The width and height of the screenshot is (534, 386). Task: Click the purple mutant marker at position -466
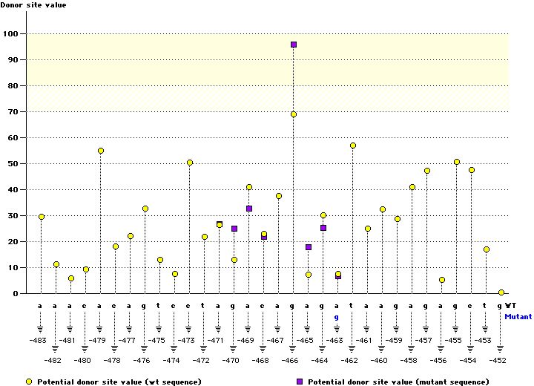[x=294, y=45]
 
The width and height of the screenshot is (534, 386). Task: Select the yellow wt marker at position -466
[x=294, y=114]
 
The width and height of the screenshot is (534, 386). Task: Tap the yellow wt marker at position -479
[x=101, y=151]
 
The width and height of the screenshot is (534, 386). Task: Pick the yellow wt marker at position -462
[x=353, y=145]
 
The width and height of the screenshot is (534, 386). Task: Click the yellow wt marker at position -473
[x=190, y=163]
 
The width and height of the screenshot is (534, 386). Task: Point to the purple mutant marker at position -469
[x=249, y=209]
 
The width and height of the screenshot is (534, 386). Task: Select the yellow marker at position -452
[x=501, y=292]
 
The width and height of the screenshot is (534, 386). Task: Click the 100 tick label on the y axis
[x=10, y=34]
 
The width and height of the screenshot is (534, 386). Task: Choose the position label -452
[x=498, y=360]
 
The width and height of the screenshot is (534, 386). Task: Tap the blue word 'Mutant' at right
[x=518, y=316]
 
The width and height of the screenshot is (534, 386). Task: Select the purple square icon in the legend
[x=300, y=382]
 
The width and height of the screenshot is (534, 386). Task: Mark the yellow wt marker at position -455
[x=457, y=162]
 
